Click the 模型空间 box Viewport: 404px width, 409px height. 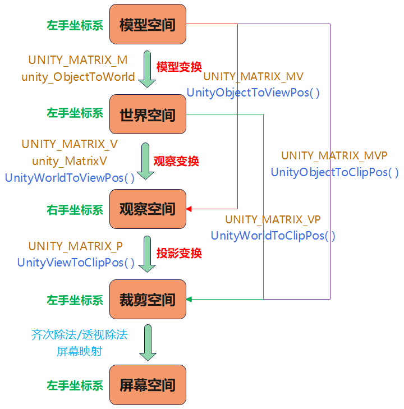[148, 24]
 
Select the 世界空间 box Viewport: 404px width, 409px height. [148, 114]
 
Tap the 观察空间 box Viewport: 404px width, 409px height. [148, 209]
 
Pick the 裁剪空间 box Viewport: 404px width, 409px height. [148, 299]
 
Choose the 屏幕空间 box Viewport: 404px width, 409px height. [148, 385]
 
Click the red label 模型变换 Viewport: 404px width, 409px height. [179, 67]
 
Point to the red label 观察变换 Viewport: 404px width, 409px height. [176, 161]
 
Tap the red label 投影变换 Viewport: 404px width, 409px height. [179, 253]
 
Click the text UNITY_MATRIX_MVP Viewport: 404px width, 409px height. [334, 156]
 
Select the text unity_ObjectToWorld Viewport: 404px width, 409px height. [78, 77]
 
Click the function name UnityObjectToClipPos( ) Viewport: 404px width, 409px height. [334, 172]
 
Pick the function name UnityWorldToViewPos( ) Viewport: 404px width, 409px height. [70, 178]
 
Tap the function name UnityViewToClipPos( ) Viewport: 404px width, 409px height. [76, 263]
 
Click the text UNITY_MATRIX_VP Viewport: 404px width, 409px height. [273, 219]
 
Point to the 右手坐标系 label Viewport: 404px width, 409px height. [75, 210]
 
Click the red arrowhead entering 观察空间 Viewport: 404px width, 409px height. [189, 209]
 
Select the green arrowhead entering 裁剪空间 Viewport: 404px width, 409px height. [189, 299]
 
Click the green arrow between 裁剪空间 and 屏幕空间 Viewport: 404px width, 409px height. [148, 343]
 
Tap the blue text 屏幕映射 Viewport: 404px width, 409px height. [79, 351]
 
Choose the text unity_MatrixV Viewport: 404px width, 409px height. [70, 161]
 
